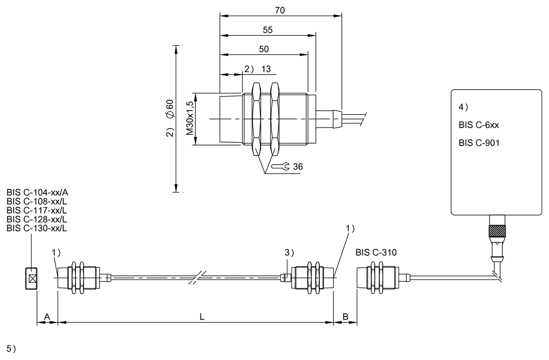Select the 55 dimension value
click(x=268, y=30)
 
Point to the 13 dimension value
click(x=266, y=69)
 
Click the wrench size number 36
click(x=297, y=167)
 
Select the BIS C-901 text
click(x=479, y=143)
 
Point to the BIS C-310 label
click(x=376, y=252)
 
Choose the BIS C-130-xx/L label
click(x=37, y=228)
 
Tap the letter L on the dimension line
click(x=202, y=317)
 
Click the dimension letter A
click(x=47, y=317)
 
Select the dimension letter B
click(x=345, y=317)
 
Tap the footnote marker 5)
click(x=11, y=349)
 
